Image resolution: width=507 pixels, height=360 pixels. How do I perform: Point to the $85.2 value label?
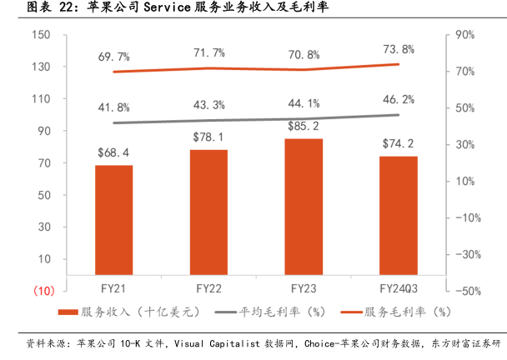click(303, 127)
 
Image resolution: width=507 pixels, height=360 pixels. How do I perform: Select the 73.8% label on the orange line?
click(397, 48)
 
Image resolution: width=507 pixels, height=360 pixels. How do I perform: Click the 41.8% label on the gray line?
click(113, 107)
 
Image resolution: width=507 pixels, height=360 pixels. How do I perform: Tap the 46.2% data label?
click(397, 99)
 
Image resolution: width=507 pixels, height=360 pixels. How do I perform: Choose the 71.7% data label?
click(208, 53)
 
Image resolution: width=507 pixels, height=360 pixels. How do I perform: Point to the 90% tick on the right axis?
click(464, 35)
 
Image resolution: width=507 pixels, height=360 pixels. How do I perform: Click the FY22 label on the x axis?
click(208, 289)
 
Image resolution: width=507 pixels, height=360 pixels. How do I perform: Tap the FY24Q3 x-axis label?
click(398, 289)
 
